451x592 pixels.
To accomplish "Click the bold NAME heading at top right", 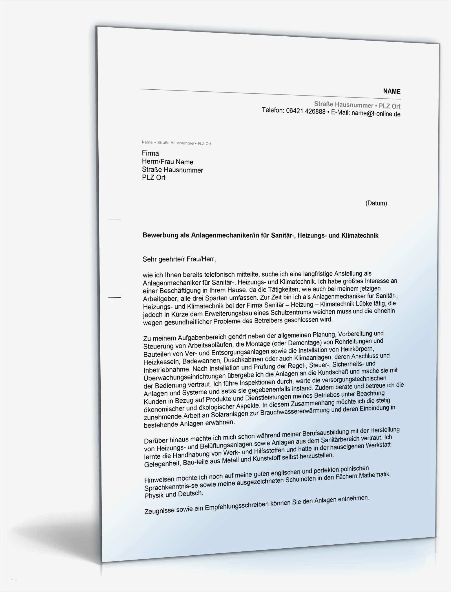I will tap(392, 91).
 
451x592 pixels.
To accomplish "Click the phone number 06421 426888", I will tap(306, 111).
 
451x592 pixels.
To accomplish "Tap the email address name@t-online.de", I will tap(376, 114).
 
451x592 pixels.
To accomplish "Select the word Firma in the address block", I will tap(150, 153).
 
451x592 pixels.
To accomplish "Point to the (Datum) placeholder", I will tap(376, 203).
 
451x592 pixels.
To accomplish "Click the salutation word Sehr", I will tap(149, 259).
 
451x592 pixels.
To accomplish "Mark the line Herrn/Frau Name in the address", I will tap(167, 162).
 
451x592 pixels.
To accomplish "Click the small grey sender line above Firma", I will tap(176, 143).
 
